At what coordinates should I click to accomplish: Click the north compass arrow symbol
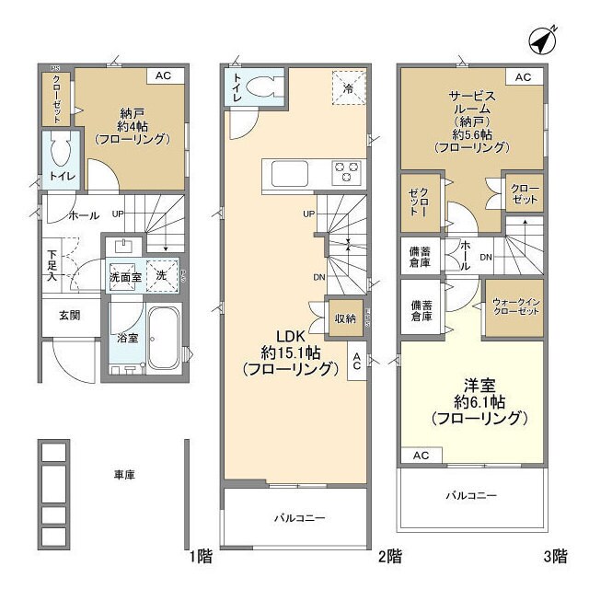pos(545,41)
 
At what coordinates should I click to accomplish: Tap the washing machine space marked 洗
pos(162,274)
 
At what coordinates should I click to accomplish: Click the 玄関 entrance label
pos(70,316)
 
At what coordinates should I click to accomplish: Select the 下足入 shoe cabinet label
pos(52,264)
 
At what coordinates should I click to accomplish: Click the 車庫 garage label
pos(124,475)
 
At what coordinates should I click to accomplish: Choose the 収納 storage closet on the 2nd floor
pos(345,318)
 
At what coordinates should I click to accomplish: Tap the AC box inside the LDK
pos(355,364)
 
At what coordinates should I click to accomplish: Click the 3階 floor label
pos(555,555)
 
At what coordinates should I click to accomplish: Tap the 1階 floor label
pos(202,555)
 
